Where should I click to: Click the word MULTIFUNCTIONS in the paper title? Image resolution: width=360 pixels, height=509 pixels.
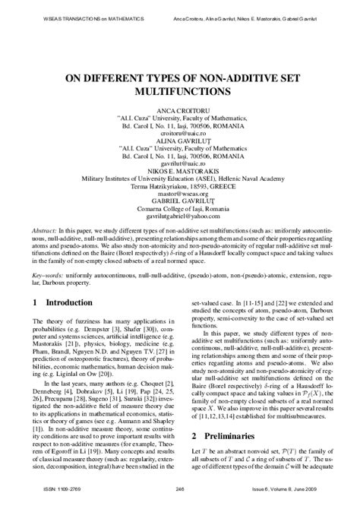point(180,91)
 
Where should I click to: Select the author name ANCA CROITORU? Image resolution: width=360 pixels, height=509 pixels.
point(180,111)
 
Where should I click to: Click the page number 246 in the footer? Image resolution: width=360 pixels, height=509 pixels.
point(180,500)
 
